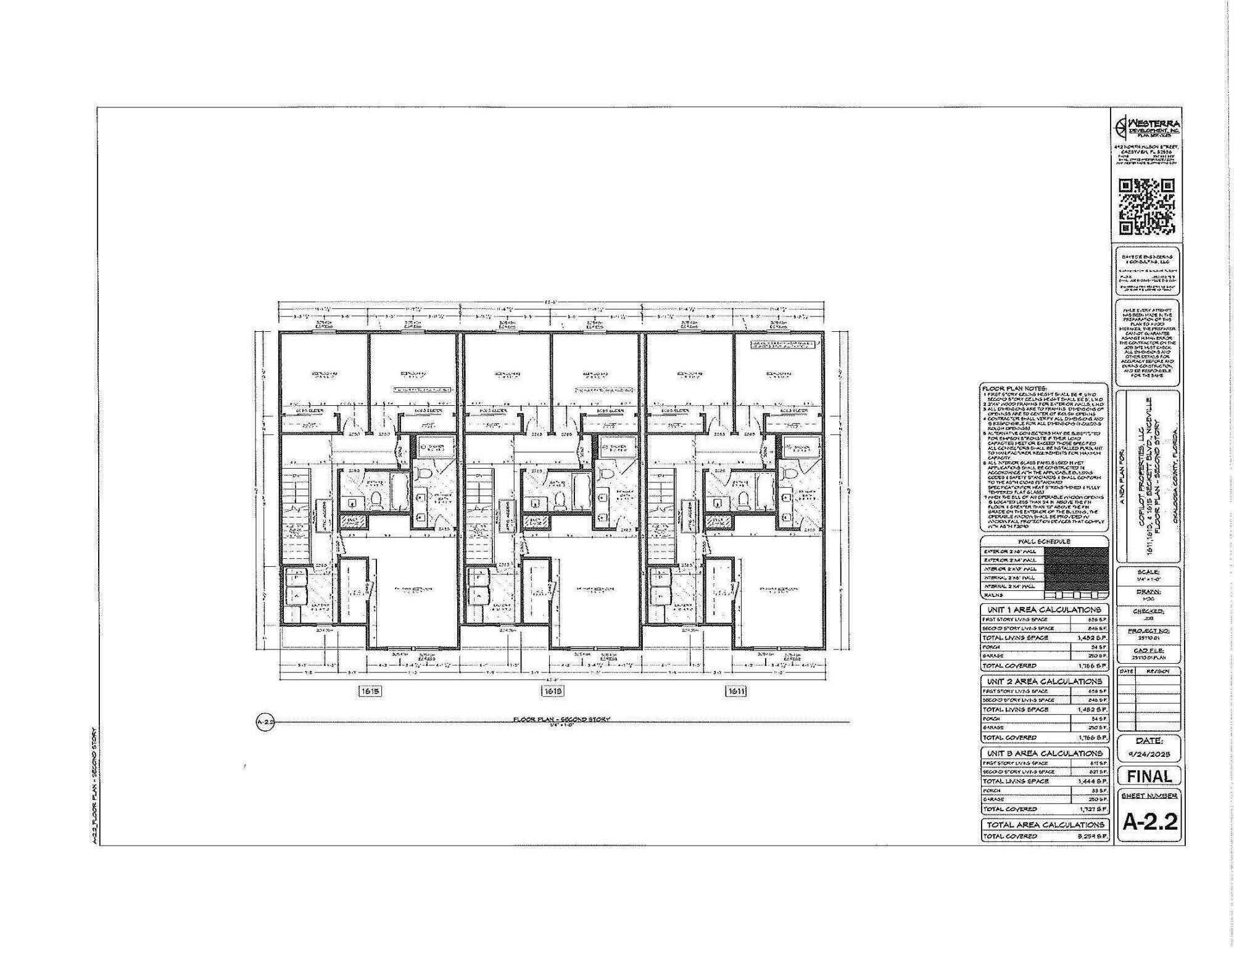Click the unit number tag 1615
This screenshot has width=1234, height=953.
click(370, 691)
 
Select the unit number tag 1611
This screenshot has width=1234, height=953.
click(737, 691)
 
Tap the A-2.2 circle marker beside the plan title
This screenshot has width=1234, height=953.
click(265, 722)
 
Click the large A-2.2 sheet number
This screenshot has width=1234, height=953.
click(1149, 822)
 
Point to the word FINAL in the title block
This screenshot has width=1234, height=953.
click(1149, 776)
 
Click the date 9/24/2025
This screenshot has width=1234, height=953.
click(1149, 754)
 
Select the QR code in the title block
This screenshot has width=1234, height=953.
click(1147, 207)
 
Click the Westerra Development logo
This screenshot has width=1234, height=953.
click(1147, 128)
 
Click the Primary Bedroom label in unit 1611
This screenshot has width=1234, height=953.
click(779, 589)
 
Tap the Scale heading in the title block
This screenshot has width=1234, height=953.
click(1149, 572)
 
